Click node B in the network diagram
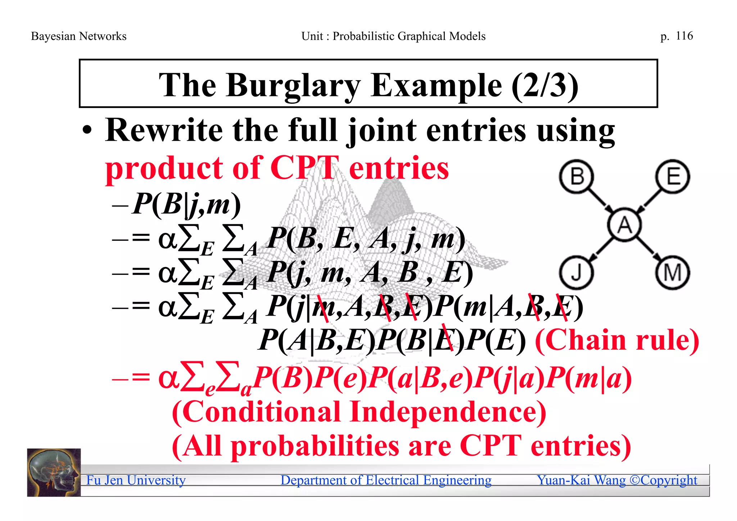[x=577, y=177]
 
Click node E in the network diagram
[x=672, y=177]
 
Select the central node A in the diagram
[x=625, y=225]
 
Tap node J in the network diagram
[x=576, y=272]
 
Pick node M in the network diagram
[x=672, y=272]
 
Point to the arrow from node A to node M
[x=649, y=249]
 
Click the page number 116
[x=684, y=36]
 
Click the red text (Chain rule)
[x=617, y=340]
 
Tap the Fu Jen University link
[x=136, y=480]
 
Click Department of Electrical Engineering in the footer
[x=386, y=480]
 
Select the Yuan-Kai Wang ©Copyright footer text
[x=617, y=480]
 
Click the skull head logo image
[x=54, y=472]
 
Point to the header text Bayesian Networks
[x=78, y=36]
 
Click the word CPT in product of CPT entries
[x=304, y=168]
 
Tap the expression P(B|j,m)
[x=186, y=204]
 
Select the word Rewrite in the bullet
[x=164, y=130]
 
